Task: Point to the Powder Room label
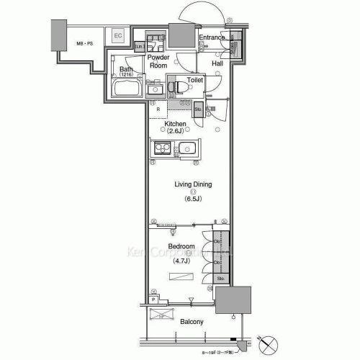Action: pos(158,61)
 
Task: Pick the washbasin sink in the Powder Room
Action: pos(154,42)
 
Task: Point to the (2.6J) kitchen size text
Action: pos(176,132)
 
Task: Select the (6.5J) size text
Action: pos(192,199)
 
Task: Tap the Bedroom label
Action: pos(181,247)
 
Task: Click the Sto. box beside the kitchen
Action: pos(198,109)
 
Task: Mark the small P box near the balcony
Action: pos(154,298)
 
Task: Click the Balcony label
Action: pos(191,322)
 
